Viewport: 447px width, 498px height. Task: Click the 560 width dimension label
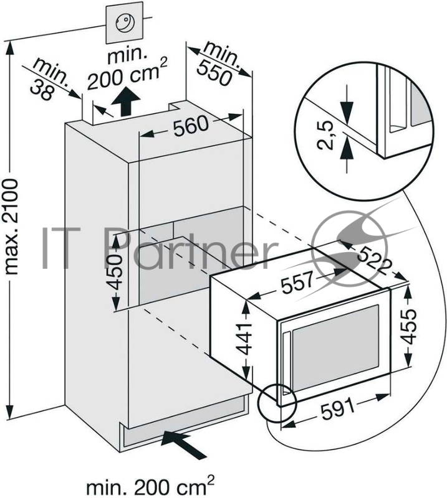(190, 126)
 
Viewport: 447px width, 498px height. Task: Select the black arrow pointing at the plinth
(184, 442)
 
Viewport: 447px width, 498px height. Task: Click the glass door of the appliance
(334, 352)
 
